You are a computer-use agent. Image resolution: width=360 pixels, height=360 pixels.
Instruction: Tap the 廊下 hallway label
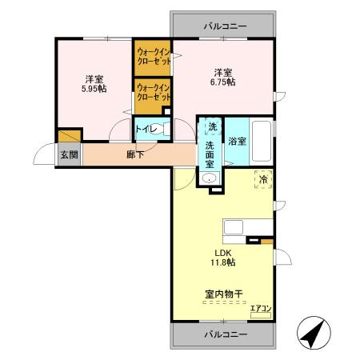135,154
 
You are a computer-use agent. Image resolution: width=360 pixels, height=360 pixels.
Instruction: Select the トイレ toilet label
146,129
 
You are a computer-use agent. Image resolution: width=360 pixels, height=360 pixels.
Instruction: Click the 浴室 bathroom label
236,142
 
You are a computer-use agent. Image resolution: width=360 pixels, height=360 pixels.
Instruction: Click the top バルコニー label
224,26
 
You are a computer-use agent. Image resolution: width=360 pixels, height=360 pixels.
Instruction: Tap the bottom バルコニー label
224,334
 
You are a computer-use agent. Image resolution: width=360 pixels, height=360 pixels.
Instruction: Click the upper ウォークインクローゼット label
153,58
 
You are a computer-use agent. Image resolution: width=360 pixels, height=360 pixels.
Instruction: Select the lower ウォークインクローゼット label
153,92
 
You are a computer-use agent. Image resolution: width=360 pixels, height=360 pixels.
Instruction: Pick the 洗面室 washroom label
210,154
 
